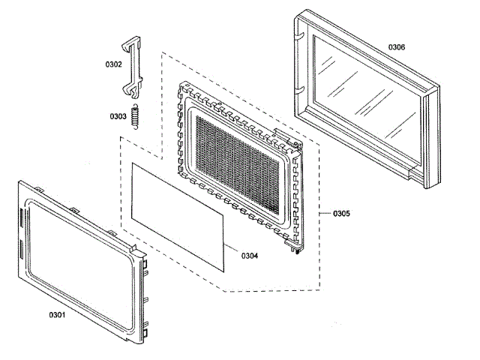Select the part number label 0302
113,64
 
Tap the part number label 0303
117,116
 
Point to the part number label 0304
250,256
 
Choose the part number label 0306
397,47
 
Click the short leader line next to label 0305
324,214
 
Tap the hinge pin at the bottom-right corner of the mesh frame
298,251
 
